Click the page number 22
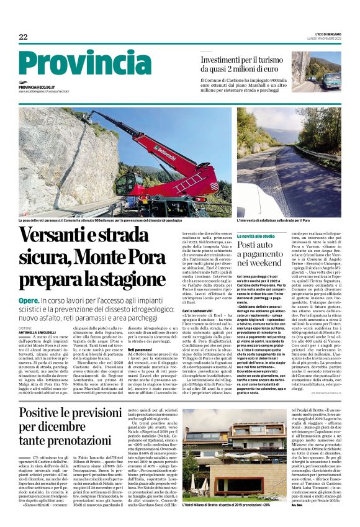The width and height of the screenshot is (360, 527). (23, 37)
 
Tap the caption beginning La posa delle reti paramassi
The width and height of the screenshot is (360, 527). (100, 220)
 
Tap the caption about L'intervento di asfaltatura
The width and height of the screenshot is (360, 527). (273, 220)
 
